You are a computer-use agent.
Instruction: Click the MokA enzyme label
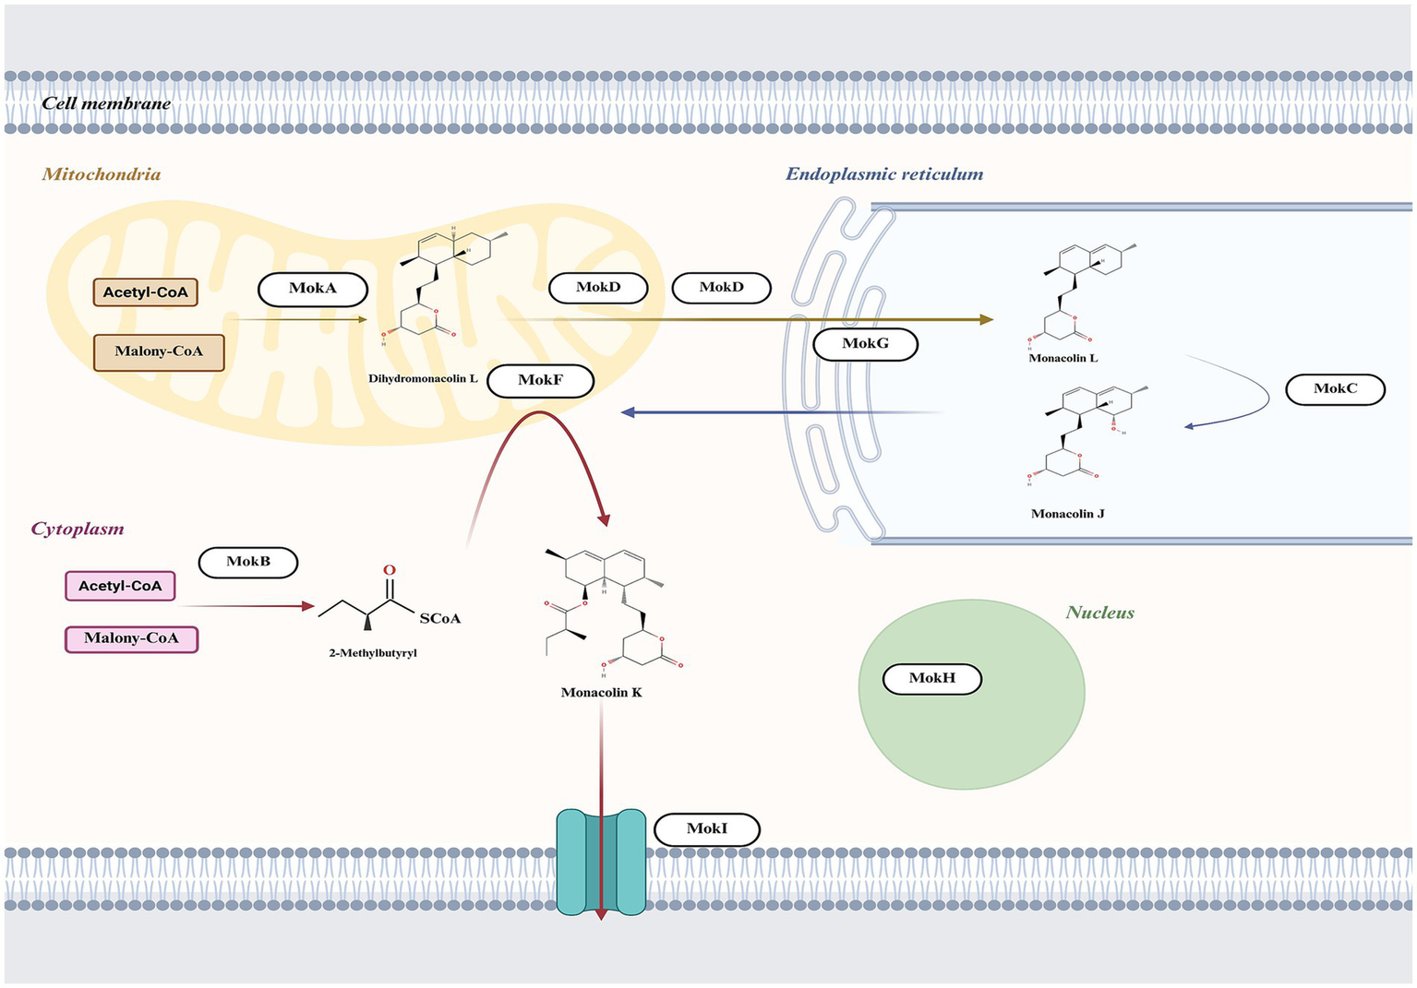(x=313, y=289)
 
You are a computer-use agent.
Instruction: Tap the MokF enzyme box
(x=540, y=380)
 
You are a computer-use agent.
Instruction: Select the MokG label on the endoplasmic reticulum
(x=865, y=344)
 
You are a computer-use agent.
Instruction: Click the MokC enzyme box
(x=1335, y=388)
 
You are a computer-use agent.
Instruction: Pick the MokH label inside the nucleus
(x=931, y=678)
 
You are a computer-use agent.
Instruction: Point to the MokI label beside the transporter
(x=706, y=828)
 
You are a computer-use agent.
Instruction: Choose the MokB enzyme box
(x=248, y=562)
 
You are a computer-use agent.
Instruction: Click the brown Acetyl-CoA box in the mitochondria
(x=145, y=292)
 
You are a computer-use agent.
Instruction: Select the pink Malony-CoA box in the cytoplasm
(x=131, y=638)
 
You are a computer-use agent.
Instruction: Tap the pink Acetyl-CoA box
(x=120, y=586)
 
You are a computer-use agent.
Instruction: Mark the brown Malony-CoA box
(x=159, y=351)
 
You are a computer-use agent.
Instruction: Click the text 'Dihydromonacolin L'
(x=423, y=378)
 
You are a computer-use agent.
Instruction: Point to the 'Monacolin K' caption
(x=601, y=692)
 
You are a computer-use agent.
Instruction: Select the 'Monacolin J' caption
(x=1067, y=514)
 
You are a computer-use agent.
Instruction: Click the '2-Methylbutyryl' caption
(x=373, y=653)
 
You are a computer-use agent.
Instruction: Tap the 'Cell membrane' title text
(x=106, y=103)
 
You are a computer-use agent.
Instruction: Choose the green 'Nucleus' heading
(x=1099, y=613)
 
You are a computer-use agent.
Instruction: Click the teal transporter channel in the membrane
(x=601, y=862)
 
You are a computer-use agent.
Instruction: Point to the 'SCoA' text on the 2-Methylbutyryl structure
(x=439, y=618)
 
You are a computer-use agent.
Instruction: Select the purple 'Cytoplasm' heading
(x=78, y=529)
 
